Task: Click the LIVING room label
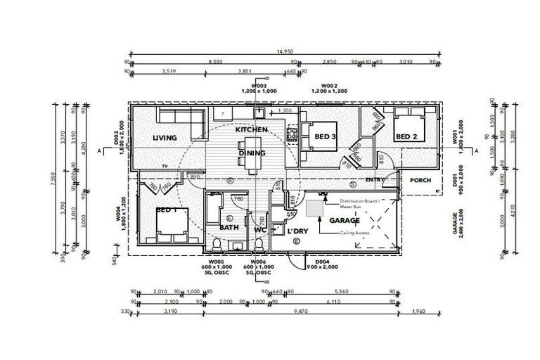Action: click(x=164, y=137)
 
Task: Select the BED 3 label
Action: click(x=324, y=136)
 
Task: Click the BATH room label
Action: click(x=229, y=227)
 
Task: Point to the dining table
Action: click(x=252, y=160)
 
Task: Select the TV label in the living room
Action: click(x=165, y=166)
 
